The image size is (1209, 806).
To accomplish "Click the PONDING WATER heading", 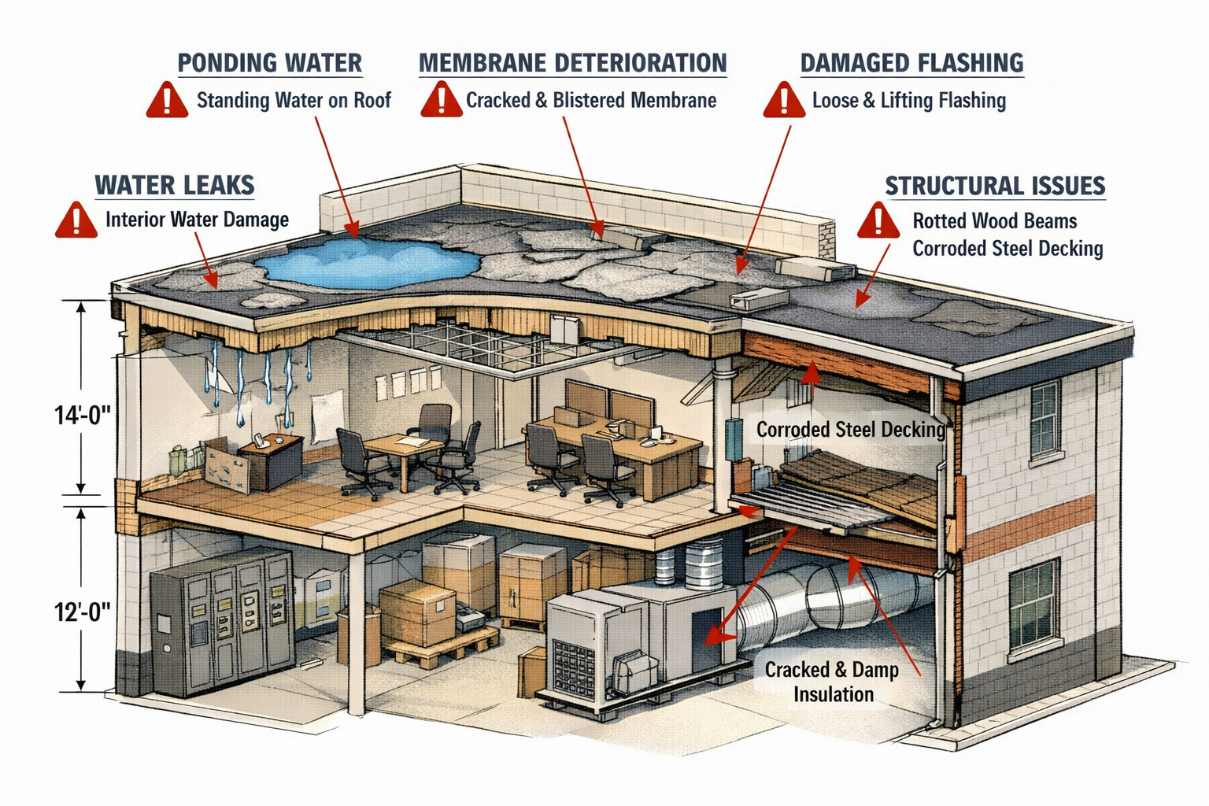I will (269, 63).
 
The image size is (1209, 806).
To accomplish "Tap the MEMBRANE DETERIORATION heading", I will (572, 63).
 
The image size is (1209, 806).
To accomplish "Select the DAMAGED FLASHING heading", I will (911, 63).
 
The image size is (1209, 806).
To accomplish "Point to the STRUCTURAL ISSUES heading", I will (995, 186).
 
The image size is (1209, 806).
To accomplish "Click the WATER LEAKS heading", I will (175, 185).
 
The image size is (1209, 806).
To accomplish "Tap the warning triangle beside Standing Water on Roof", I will (167, 101).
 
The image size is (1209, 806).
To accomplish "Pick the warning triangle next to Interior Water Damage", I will (76, 220).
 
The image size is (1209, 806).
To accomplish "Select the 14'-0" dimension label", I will (82, 415).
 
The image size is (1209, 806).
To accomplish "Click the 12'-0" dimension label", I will (82, 611).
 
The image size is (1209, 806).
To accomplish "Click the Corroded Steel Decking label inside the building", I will (850, 430).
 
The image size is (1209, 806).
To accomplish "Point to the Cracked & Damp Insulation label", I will (832, 682).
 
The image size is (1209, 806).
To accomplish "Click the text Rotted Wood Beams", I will (994, 221).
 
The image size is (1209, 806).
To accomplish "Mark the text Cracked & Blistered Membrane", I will (591, 101).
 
